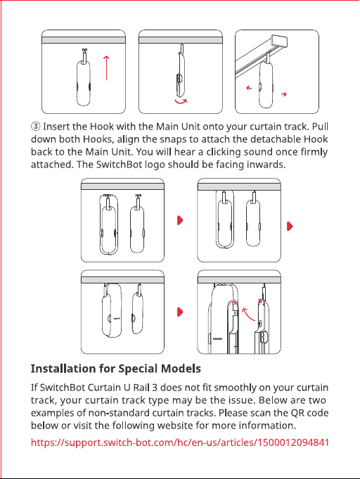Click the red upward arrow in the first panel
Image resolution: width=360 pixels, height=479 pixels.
(106, 68)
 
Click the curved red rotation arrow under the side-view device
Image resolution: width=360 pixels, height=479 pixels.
(181, 102)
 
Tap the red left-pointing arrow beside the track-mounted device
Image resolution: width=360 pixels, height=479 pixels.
(249, 88)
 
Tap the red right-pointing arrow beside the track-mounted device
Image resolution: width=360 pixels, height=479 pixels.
(284, 94)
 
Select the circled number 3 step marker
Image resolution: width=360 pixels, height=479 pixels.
(35, 126)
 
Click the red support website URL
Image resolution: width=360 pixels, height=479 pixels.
(180, 442)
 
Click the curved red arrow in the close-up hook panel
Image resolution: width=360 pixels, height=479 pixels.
(248, 314)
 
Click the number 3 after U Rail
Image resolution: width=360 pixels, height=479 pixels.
(155, 388)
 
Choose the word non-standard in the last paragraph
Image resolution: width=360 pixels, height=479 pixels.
(120, 413)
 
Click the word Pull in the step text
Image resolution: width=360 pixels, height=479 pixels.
(321, 126)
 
